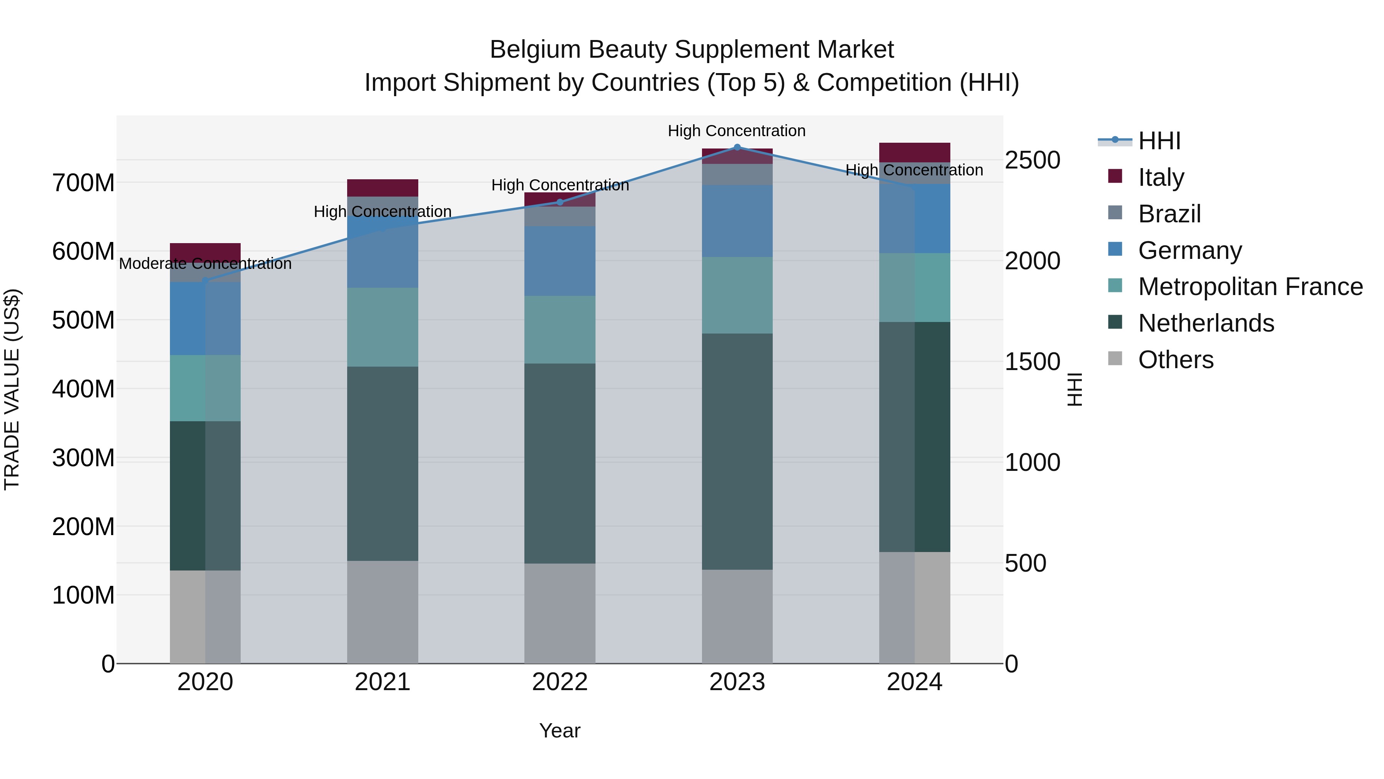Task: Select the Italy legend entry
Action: click(x=1161, y=177)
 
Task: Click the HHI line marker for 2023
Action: click(x=737, y=147)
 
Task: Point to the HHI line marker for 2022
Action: click(x=560, y=202)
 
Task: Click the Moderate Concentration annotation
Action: click(x=205, y=264)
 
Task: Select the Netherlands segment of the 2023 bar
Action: click(x=737, y=452)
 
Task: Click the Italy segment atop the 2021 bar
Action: click(x=383, y=188)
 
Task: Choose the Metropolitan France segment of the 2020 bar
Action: click(x=205, y=388)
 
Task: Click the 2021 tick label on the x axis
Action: click(x=383, y=682)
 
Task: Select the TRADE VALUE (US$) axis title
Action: click(x=12, y=389)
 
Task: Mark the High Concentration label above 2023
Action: click(x=737, y=131)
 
